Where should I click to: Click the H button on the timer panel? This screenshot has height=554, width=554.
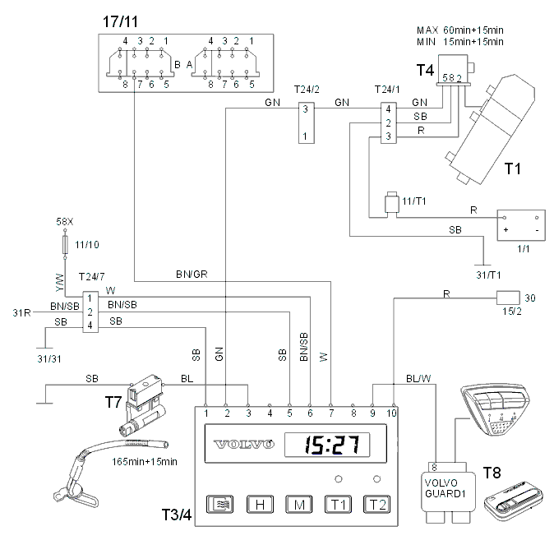pos(260,504)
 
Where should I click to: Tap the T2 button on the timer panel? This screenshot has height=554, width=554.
pos(377,504)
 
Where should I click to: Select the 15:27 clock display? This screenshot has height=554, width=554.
pos(327,445)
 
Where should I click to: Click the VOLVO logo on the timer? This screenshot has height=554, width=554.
pos(244,444)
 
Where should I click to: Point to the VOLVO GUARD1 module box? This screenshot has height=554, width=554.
pos(448,492)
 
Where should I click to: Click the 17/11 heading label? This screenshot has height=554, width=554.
pos(120,21)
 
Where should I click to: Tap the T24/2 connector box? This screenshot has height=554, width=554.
pos(307,122)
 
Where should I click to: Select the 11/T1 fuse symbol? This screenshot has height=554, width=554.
pos(391,203)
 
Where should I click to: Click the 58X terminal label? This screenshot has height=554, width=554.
pos(65,222)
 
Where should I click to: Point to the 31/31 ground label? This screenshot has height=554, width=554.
pos(49,359)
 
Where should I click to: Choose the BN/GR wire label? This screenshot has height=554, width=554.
pos(192,275)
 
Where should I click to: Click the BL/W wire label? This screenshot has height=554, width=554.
pos(418,379)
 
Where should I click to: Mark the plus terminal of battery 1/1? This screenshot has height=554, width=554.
pos(506,230)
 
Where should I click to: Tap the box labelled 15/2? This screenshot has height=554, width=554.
pos(508,298)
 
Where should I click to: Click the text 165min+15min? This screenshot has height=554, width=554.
pos(145,462)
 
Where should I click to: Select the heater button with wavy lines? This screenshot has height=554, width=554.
pos(219,504)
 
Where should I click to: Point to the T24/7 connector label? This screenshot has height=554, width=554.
pos(91,277)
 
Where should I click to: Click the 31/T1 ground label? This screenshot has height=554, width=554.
pos(488,275)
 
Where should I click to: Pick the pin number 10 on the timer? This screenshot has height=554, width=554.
pos(391,413)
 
